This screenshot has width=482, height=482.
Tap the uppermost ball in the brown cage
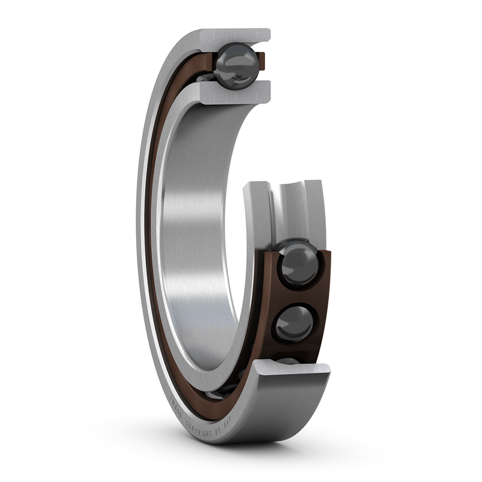click(x=298, y=263)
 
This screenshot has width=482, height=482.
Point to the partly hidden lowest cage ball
click(x=288, y=360)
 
